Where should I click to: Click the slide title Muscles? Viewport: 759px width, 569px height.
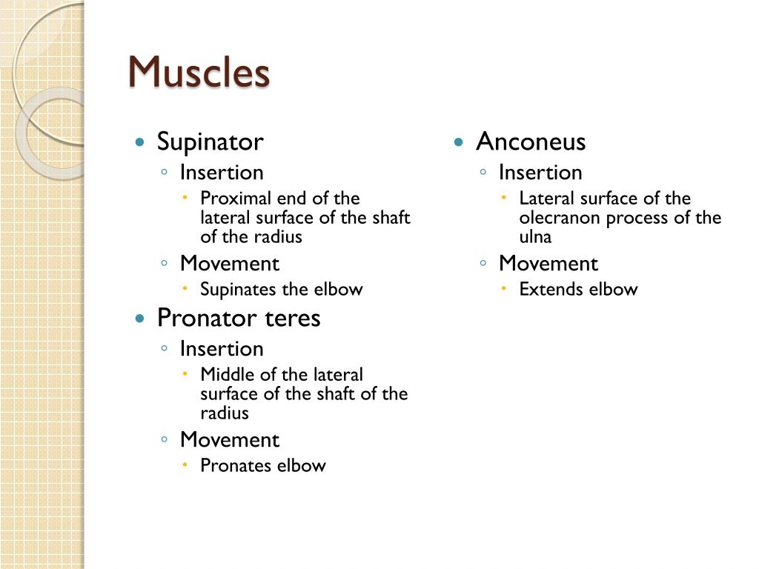[199, 73]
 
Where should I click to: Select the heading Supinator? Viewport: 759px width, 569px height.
[210, 142]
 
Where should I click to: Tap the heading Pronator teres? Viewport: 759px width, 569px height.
[239, 318]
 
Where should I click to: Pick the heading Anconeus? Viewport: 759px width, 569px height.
[531, 142]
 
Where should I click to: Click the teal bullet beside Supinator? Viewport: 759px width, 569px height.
[139, 142]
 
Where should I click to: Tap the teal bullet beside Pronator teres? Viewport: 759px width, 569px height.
[139, 319]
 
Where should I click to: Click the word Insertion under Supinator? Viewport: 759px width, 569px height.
[222, 173]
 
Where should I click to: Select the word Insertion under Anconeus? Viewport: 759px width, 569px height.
[540, 173]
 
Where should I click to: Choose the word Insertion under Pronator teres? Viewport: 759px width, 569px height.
[222, 349]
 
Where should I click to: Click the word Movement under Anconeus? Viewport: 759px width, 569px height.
[548, 264]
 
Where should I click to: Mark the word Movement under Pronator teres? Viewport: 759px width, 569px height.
[229, 440]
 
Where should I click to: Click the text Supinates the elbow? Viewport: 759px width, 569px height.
[282, 289]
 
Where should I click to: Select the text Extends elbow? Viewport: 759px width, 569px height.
[578, 289]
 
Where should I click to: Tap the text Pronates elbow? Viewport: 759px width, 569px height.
[263, 465]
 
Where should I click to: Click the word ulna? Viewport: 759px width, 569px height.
[535, 237]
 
